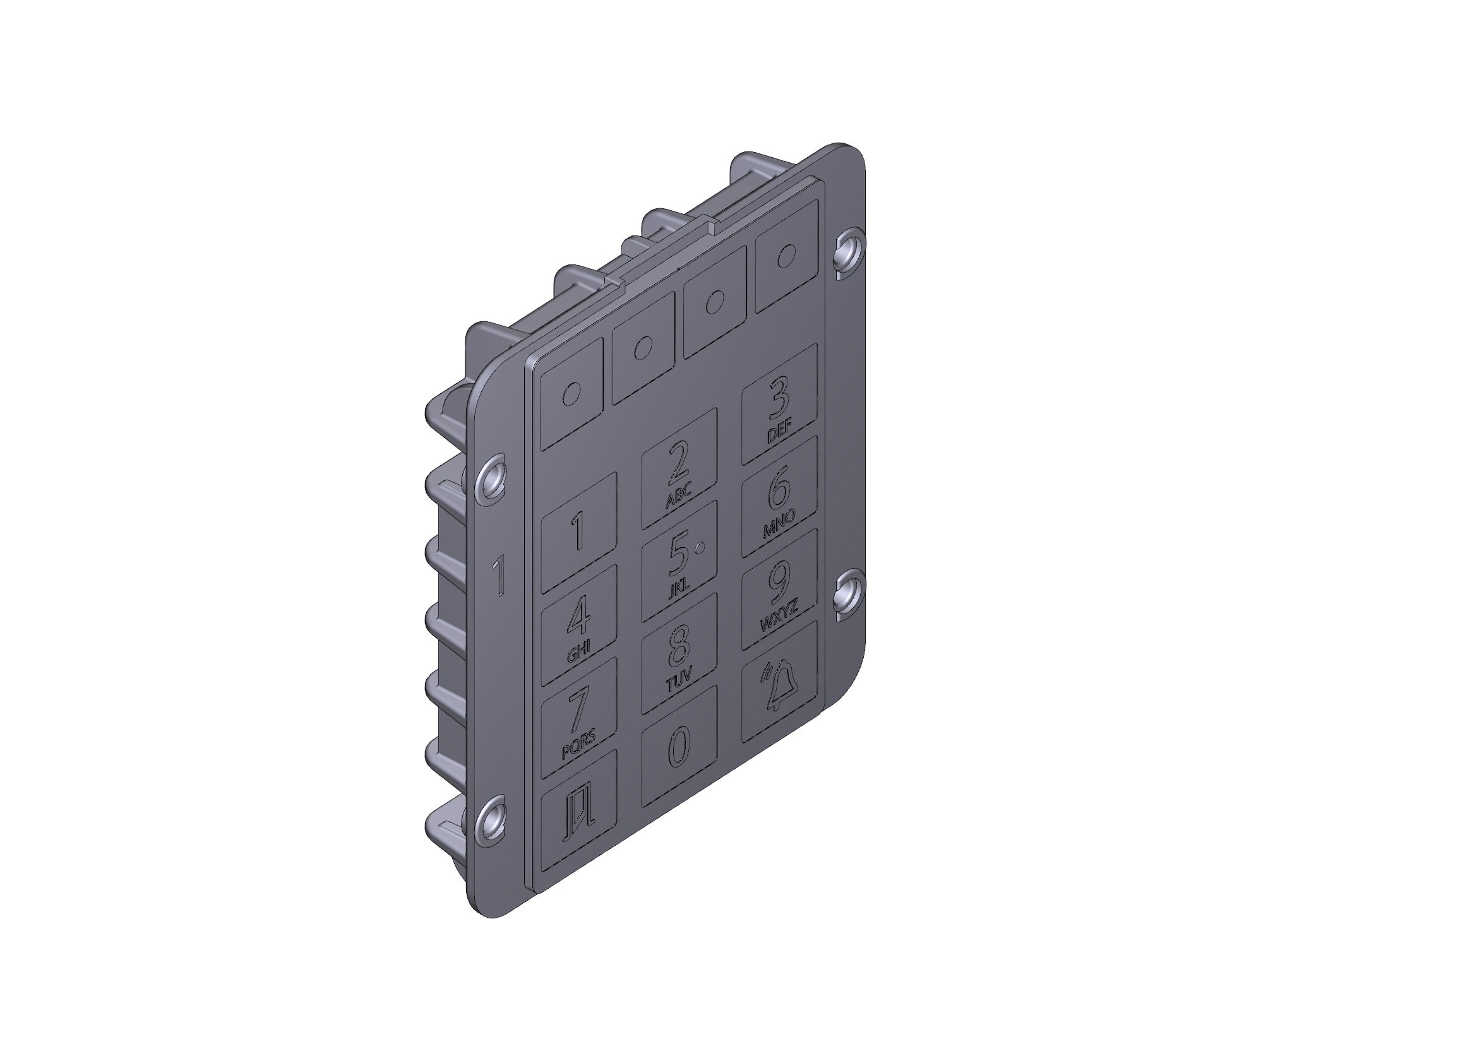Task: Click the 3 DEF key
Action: [779, 405]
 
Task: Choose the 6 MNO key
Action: [779, 497]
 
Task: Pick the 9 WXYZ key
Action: [779, 590]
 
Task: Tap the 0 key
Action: [679, 745]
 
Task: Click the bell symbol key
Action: [779, 683]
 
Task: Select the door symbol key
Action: [578, 811]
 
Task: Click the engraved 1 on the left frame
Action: [499, 576]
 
